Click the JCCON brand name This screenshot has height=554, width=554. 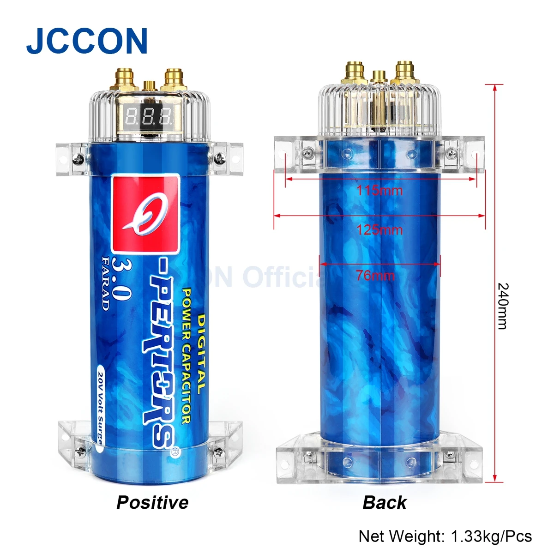click(87, 42)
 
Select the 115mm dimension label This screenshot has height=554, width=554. click(379, 190)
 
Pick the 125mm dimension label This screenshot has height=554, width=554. click(379, 229)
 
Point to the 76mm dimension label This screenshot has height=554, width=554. click(375, 276)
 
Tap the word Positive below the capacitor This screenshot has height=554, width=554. click(152, 502)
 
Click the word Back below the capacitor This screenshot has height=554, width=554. click(385, 502)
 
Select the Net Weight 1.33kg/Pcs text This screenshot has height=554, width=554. click(445, 536)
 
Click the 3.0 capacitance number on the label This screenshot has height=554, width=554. click(121, 280)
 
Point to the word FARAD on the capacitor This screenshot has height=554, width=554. click(105, 283)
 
